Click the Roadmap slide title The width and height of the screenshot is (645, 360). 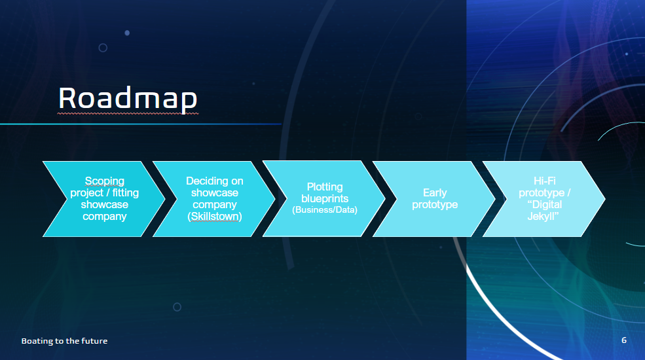128,99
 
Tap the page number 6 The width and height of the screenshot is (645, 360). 624,340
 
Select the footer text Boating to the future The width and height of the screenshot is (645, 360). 64,340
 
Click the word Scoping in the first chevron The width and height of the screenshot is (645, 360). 105,181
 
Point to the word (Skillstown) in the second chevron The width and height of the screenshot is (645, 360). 215,216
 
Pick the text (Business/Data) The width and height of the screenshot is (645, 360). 325,210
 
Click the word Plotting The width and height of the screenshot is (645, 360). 325,187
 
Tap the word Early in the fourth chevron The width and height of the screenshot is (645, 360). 435,192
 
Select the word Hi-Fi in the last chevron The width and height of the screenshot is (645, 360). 545,181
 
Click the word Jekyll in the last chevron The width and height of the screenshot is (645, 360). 542,216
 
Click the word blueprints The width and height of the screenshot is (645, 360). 325,198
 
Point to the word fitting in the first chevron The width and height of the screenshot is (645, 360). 126,192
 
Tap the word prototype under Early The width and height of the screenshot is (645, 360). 435,205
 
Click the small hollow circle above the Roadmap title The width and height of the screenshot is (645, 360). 103,48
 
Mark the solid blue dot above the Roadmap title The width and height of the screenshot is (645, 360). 127,33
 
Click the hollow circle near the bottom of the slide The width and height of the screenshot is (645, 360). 177,307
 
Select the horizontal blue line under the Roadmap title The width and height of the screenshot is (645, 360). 141,124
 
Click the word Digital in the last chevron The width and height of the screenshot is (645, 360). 547,205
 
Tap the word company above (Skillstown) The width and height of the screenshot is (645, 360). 215,205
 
